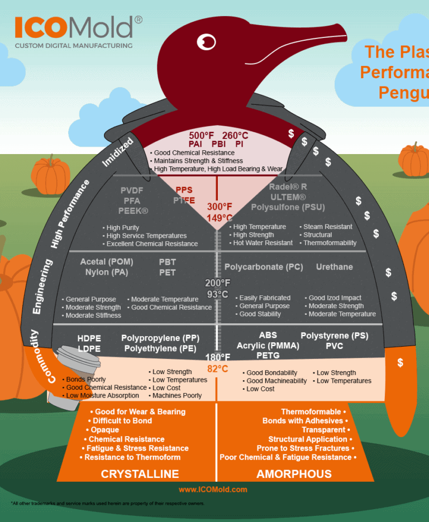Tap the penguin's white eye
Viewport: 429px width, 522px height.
coord(207,41)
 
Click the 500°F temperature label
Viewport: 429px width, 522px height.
coord(201,136)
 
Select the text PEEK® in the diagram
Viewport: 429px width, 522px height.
coord(133,210)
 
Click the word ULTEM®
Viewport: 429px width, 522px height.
coord(287,197)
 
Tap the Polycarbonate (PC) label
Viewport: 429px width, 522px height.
coord(264,267)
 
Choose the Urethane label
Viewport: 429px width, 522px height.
coord(334,267)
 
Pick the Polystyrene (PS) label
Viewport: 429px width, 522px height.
coord(334,336)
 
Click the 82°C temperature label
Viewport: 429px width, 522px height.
coord(218,368)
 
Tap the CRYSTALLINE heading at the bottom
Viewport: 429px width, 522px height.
coord(140,474)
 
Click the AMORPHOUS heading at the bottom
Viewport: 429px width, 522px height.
coord(294,474)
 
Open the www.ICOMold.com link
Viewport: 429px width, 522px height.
coord(213,490)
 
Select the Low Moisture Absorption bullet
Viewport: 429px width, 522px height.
coord(103,395)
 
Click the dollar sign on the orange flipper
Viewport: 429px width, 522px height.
coord(400,363)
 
